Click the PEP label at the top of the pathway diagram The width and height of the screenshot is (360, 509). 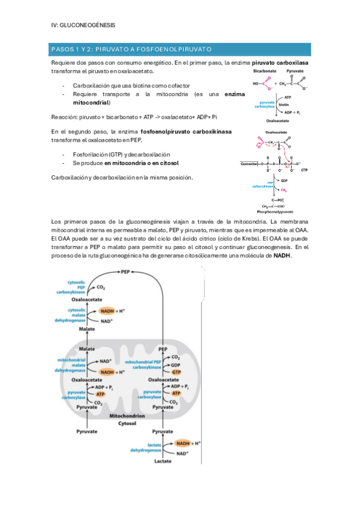(125, 272)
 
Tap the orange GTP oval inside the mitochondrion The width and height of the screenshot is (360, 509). (176, 372)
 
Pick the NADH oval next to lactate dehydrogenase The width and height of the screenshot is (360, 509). (182, 443)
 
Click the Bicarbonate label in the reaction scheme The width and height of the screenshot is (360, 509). (266, 70)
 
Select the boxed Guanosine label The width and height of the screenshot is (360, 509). (249, 163)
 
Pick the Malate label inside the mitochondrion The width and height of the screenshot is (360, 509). (87, 348)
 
